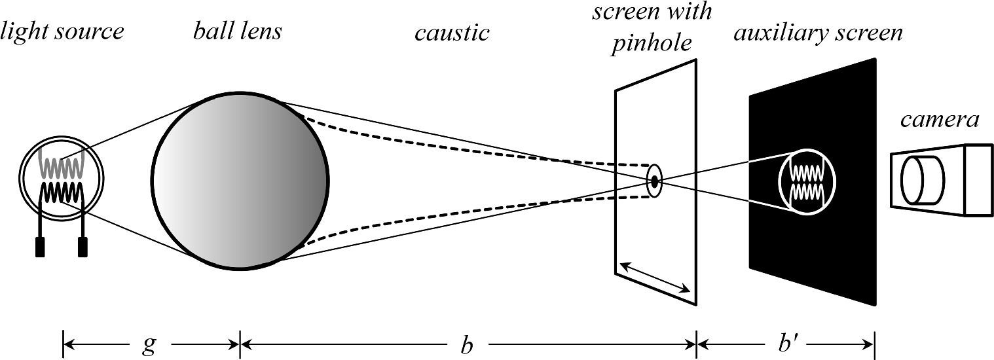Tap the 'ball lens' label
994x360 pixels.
pos(237,31)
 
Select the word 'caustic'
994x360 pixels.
pos(452,33)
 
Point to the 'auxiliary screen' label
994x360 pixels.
pos(818,33)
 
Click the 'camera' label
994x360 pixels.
pos(940,120)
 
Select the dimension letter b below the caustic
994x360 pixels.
pos(466,344)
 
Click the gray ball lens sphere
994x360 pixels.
pos(240,181)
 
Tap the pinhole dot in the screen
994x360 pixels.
pos(653,181)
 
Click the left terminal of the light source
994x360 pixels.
pos(40,247)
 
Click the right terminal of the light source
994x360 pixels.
pos(83,247)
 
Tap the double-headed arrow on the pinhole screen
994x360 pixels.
pos(655,276)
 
